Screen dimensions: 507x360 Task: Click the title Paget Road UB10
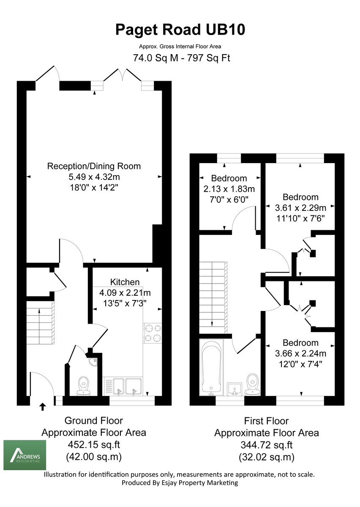click(180, 30)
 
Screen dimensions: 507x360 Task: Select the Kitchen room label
click(125, 282)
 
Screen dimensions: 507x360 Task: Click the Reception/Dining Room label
click(94, 166)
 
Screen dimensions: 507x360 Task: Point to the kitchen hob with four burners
click(153, 332)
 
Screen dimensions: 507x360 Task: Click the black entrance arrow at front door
click(42, 406)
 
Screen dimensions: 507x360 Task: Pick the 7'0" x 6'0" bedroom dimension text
click(230, 198)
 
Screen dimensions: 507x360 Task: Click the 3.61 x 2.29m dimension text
click(300, 208)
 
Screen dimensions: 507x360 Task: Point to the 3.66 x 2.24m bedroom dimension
click(300, 353)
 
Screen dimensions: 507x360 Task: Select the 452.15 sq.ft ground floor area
click(93, 444)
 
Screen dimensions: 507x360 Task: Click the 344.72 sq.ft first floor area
click(266, 445)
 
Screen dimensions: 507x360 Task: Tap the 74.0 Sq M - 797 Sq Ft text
click(182, 58)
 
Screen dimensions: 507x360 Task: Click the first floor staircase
click(213, 296)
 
